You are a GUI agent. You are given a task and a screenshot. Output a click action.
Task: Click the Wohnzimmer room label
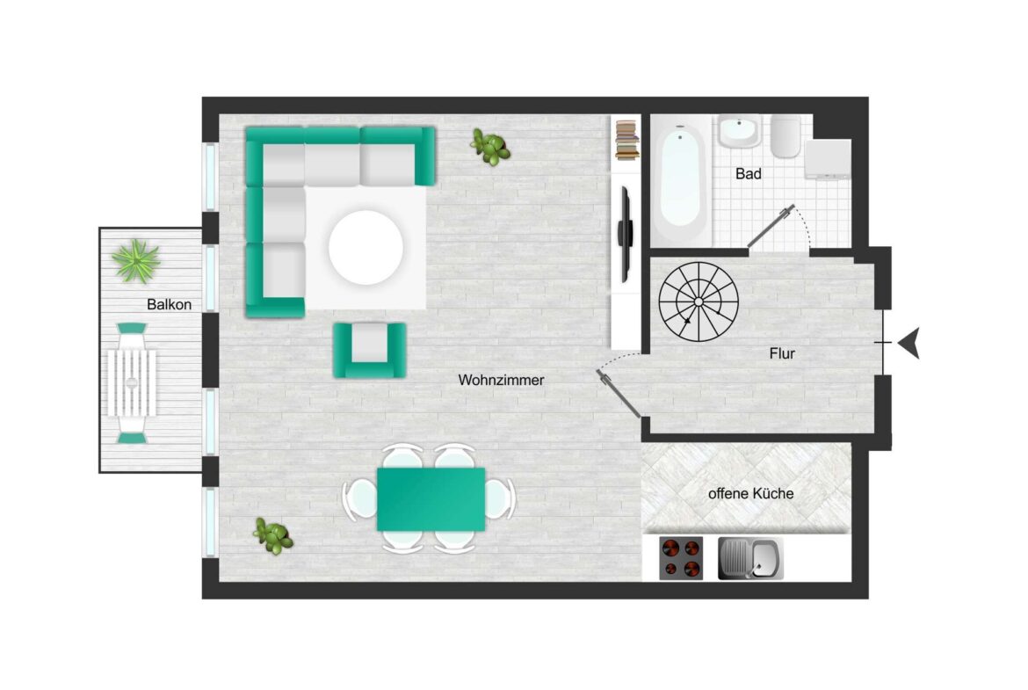(x=501, y=380)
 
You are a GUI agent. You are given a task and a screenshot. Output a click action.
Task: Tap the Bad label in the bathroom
(x=748, y=174)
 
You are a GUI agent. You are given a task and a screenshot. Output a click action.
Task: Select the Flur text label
(x=781, y=353)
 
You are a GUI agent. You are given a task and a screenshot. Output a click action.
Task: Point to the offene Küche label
(x=750, y=493)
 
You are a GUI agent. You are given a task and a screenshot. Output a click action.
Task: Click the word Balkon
(x=170, y=304)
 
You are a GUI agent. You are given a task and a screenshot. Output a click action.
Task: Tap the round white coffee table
(x=366, y=247)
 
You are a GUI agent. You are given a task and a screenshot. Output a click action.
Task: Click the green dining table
(x=431, y=499)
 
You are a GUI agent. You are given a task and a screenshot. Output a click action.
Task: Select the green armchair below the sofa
(x=370, y=350)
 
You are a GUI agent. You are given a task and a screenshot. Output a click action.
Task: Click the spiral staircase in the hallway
(x=699, y=301)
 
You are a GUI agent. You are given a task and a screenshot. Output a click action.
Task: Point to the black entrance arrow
(x=909, y=343)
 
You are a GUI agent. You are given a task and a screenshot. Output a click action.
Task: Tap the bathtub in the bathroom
(x=680, y=178)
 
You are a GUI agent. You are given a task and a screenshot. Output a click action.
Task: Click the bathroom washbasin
(x=740, y=132)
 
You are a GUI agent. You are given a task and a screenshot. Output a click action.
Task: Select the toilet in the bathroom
(x=785, y=137)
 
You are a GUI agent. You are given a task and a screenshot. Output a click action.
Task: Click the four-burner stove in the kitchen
(x=681, y=558)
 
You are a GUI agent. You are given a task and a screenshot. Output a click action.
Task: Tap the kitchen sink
(x=750, y=558)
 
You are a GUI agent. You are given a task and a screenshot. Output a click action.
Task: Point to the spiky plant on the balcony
(x=135, y=260)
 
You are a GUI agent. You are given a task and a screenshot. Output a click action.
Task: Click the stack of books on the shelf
(x=626, y=141)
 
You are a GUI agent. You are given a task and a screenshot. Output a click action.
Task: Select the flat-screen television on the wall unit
(x=626, y=234)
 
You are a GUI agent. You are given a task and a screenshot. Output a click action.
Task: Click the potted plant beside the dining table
(x=272, y=536)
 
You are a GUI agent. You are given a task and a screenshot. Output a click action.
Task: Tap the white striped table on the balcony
(x=132, y=383)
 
